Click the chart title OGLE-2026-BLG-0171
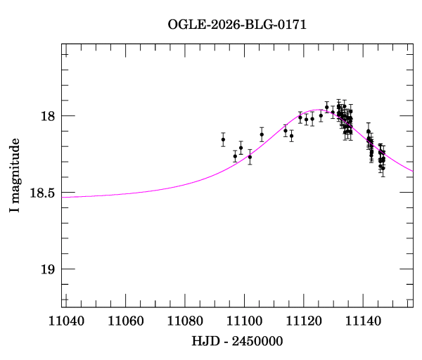pos(237,25)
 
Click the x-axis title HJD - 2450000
pos(238,341)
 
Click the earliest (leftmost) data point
pos(223,139)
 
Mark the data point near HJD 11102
pos(250,157)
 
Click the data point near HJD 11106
pos(262,134)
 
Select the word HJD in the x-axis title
pos(205,341)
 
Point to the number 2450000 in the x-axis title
pos(257,341)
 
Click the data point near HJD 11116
pos(291,135)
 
